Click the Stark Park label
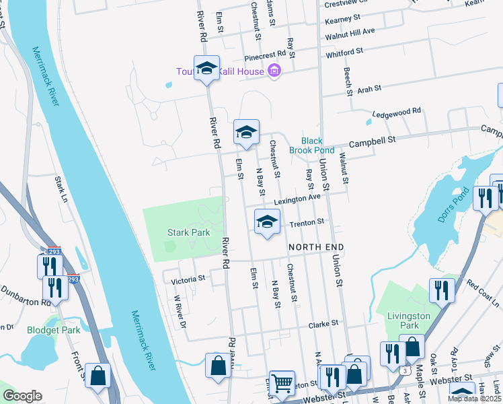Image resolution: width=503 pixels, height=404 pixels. [x=188, y=232]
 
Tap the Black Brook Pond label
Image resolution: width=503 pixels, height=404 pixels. [x=311, y=145]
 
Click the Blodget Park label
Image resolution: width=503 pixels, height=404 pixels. [x=53, y=330]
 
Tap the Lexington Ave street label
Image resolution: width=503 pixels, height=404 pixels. [x=297, y=199]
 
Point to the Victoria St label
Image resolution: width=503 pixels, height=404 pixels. [x=188, y=278]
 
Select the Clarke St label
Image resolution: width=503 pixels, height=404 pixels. [x=323, y=324]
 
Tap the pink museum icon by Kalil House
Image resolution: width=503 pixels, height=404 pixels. [x=274, y=71]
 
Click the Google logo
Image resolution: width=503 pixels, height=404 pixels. [x=22, y=396]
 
